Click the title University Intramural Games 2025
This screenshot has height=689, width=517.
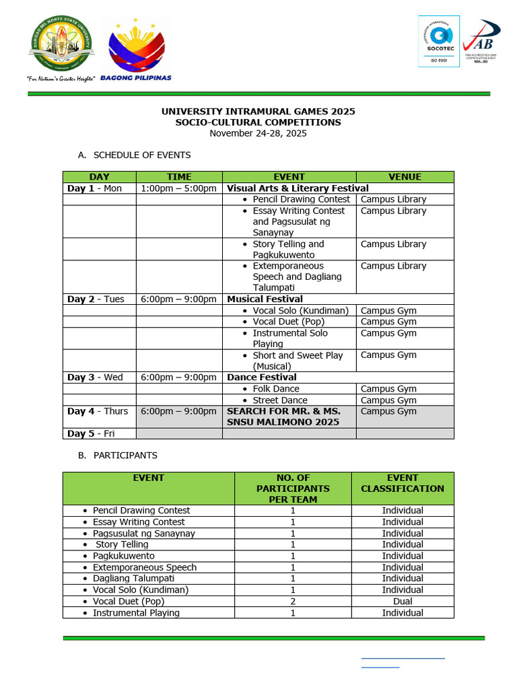pyautogui.click(x=258, y=111)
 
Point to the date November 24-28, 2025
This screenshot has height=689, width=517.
pyautogui.click(x=258, y=133)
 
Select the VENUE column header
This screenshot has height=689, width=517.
pyautogui.click(x=405, y=177)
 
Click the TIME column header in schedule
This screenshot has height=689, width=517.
pyautogui.click(x=179, y=177)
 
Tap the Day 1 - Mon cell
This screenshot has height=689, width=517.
pyautogui.click(x=95, y=188)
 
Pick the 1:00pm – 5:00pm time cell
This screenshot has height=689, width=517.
pyautogui.click(x=179, y=188)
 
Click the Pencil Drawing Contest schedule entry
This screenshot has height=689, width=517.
pyautogui.click(x=301, y=199)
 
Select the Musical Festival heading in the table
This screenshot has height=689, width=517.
pyautogui.click(x=265, y=299)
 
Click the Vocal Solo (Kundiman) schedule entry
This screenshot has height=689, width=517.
pyautogui.click(x=300, y=310)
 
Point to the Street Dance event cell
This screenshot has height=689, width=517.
pyautogui.click(x=279, y=400)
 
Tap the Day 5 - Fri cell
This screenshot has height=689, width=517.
pyautogui.click(x=90, y=433)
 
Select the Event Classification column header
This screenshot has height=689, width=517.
pyautogui.click(x=403, y=483)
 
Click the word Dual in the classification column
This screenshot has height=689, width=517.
pyautogui.click(x=403, y=601)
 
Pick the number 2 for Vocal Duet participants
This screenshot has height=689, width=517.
pyautogui.click(x=293, y=601)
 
